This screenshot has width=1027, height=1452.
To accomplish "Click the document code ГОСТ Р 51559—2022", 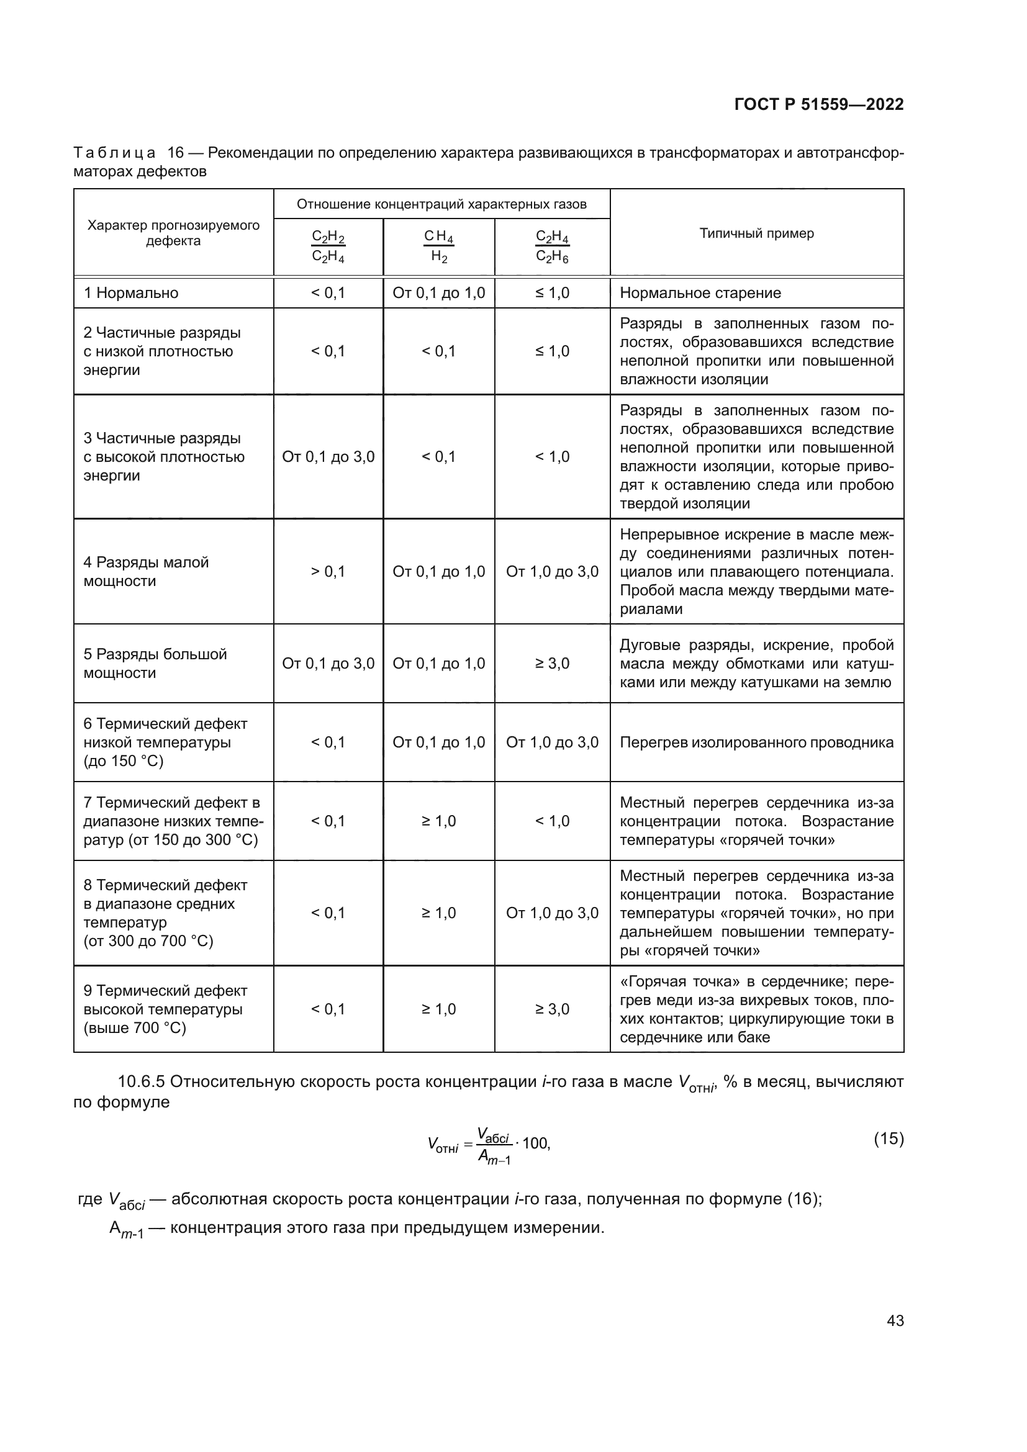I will click(818, 104).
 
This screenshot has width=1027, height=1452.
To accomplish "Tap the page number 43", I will click(895, 1320).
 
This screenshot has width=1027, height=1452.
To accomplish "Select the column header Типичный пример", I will click(756, 233).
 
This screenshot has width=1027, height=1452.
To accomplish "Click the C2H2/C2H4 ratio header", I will click(328, 246).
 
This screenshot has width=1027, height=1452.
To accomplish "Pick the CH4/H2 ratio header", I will click(438, 246).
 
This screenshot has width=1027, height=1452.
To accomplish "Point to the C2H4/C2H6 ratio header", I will click(552, 246).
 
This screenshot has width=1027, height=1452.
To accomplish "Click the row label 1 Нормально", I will click(131, 293).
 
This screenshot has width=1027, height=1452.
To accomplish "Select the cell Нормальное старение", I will click(700, 293).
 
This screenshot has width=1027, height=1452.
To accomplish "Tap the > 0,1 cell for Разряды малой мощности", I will click(328, 572).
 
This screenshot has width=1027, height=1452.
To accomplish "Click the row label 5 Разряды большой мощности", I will click(155, 664).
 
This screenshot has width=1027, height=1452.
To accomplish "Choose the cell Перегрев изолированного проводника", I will click(756, 742).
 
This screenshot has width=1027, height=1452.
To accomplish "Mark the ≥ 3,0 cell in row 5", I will click(552, 664).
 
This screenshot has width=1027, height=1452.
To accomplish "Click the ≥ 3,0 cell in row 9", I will click(552, 1009).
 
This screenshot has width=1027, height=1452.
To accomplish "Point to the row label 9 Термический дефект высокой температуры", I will click(165, 1009).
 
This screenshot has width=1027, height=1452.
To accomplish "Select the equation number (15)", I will click(889, 1139).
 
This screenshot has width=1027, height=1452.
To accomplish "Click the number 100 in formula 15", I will click(536, 1143).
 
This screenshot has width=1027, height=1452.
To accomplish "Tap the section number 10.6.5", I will click(141, 1081).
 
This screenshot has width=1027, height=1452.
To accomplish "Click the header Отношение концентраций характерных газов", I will click(441, 204).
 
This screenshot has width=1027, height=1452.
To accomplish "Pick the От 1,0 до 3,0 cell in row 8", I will click(552, 913).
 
